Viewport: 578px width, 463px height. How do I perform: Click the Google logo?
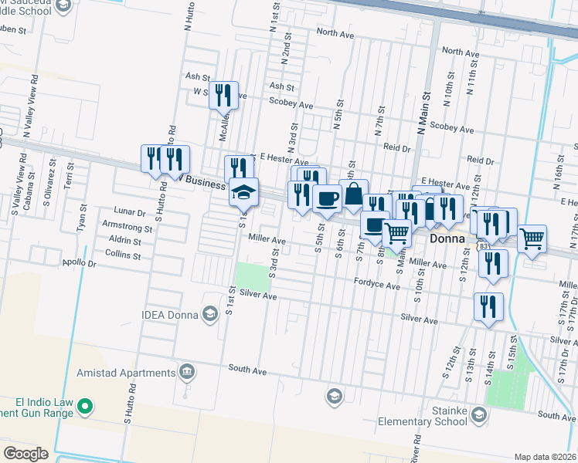click(25, 453)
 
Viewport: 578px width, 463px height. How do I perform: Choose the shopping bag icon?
click(353, 193)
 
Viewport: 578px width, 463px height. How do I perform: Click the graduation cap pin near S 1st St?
click(243, 191)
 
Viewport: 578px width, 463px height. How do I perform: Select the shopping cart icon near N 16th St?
click(532, 238)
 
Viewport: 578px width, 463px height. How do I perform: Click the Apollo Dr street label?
click(80, 263)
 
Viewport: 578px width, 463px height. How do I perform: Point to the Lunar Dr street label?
click(129, 211)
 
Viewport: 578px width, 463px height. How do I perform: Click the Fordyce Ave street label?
click(377, 286)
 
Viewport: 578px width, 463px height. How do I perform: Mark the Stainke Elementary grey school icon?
click(478, 417)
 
